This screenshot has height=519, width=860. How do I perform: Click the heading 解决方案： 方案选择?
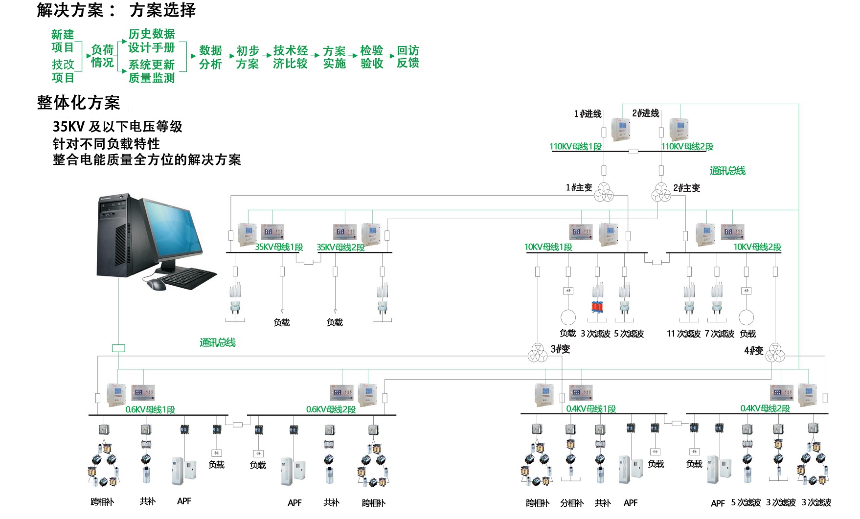[x=116, y=10]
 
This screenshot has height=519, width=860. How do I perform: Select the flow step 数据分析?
[x=211, y=57]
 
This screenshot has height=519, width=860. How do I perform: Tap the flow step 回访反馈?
[x=408, y=57]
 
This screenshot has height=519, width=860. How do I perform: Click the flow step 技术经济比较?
[x=291, y=57]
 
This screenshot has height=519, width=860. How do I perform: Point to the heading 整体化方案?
[x=78, y=103]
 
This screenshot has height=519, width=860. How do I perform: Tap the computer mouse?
[x=155, y=283]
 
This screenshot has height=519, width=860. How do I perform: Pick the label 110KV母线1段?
[x=575, y=146]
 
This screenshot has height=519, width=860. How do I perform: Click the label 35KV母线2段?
[x=340, y=248]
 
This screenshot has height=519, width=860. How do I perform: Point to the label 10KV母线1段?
[x=548, y=247]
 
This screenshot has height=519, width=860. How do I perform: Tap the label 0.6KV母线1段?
[x=150, y=409]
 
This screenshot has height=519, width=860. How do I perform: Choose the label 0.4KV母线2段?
[x=765, y=408]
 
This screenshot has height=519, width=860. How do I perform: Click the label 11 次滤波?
[x=683, y=334]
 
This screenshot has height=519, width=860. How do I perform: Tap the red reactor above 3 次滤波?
[x=597, y=307]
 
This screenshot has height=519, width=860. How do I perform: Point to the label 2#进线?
[x=646, y=113]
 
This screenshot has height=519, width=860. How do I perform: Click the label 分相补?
[x=572, y=503]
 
